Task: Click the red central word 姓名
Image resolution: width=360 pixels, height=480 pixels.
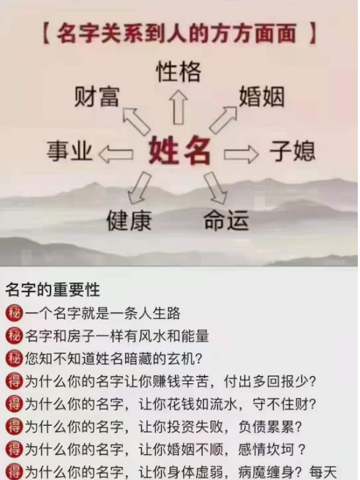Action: click(x=180, y=151)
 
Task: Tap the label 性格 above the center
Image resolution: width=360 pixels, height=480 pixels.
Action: click(x=179, y=72)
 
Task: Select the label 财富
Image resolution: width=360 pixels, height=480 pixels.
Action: click(x=97, y=97)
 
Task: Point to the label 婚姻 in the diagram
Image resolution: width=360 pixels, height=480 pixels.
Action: click(x=262, y=97)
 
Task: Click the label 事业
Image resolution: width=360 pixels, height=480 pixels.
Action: click(x=70, y=151)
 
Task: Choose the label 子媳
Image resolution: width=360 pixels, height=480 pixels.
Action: click(x=292, y=151)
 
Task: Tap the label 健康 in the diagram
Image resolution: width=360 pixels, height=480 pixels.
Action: click(x=130, y=221)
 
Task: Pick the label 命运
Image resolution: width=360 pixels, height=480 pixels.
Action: click(x=226, y=221)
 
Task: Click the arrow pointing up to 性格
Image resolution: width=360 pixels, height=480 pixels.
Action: click(x=179, y=107)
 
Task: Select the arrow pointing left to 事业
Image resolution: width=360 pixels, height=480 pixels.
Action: click(x=116, y=154)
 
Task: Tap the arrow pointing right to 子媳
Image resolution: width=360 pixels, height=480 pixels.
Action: click(x=241, y=154)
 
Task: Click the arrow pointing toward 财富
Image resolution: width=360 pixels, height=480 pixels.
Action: click(x=136, y=121)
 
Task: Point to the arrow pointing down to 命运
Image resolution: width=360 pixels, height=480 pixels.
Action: click(x=216, y=188)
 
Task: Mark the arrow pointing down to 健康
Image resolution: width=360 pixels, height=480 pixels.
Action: click(x=139, y=188)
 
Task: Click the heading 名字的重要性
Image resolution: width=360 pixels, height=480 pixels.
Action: click(x=53, y=289)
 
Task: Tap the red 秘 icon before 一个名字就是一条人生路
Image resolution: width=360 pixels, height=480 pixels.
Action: click(x=14, y=314)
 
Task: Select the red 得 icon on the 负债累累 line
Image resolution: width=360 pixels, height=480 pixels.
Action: click(x=14, y=427)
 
